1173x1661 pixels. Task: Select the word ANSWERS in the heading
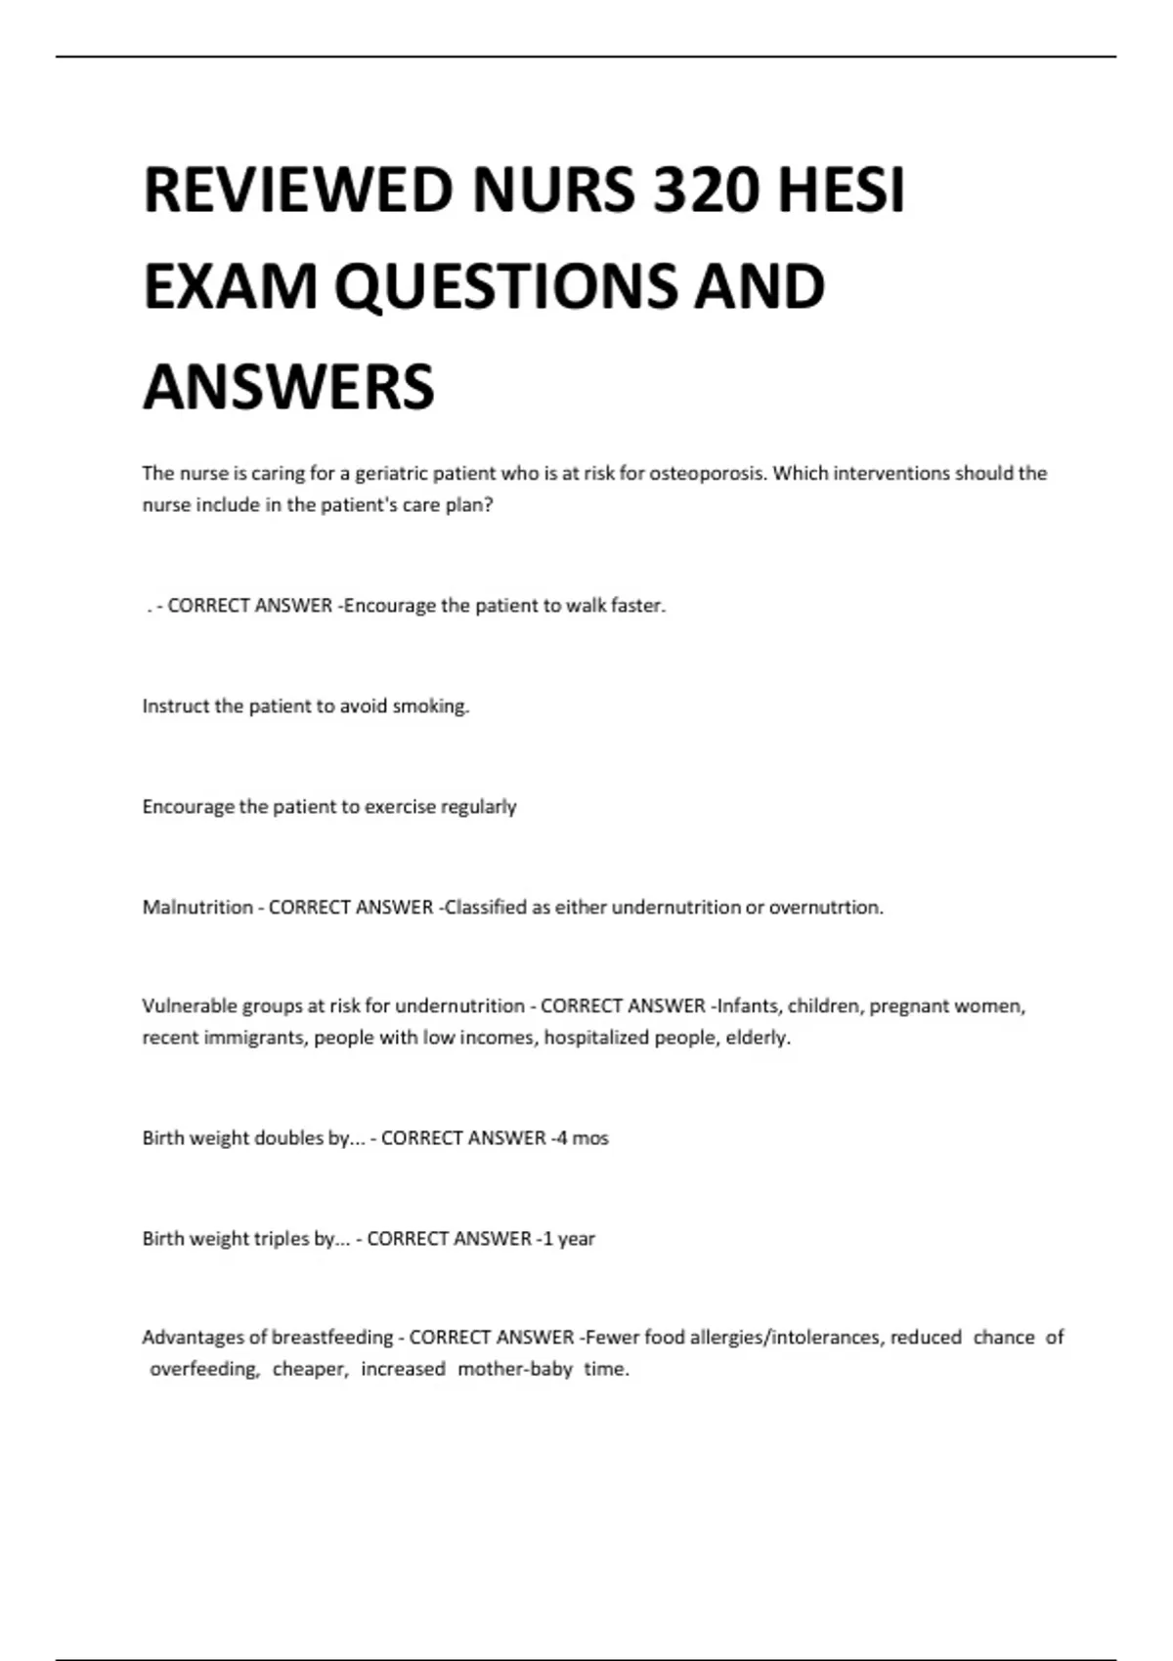coord(289,387)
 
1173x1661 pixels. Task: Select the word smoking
coord(430,706)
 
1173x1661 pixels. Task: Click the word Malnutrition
coord(197,908)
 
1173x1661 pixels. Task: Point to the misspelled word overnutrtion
coord(826,908)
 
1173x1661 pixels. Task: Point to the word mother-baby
coord(514,1370)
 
